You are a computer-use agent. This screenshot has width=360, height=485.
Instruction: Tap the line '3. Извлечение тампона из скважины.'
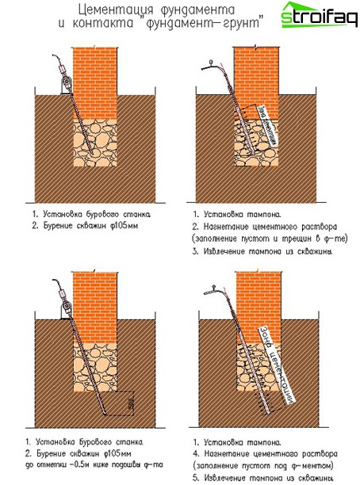click(262, 251)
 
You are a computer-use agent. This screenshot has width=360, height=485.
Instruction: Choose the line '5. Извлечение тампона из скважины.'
click(262, 478)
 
